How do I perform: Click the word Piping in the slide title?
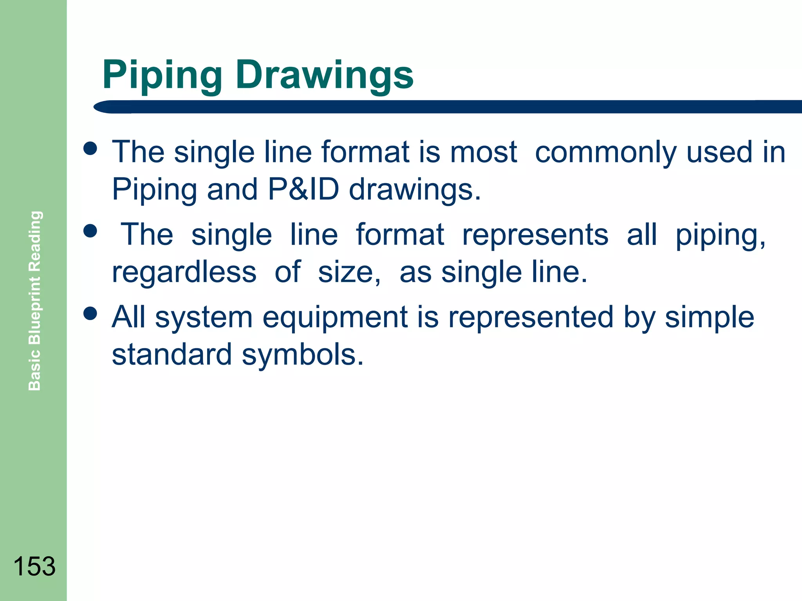[162, 76]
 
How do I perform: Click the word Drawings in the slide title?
[324, 76]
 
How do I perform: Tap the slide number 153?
[34, 566]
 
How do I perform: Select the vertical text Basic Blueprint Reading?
[35, 300]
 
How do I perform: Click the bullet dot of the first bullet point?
[90, 148]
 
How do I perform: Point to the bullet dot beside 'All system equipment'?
[90, 313]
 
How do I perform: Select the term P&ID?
[303, 190]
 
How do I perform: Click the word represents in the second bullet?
[535, 235]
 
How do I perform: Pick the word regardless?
[184, 272]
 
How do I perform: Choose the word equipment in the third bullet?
[335, 317]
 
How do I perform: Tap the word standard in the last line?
[172, 354]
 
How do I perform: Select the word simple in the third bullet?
[710, 317]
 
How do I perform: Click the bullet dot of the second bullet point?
[90, 231]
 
